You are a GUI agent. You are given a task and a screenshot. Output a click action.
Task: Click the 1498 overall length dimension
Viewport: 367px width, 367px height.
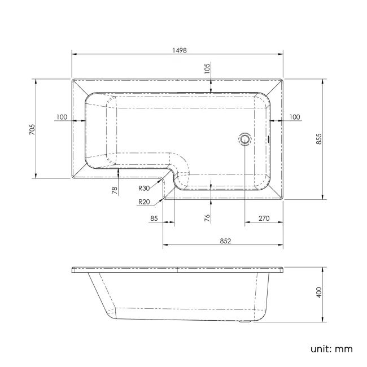[x=177, y=50]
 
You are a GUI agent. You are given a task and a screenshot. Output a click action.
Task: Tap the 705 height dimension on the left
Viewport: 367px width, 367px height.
[x=32, y=129]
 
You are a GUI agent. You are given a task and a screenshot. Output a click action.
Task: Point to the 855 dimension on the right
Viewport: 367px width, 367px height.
[x=319, y=139]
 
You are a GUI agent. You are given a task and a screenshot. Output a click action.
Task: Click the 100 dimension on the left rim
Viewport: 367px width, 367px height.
[x=62, y=117]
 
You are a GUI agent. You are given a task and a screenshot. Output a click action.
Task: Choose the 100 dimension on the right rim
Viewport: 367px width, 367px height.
[x=294, y=117]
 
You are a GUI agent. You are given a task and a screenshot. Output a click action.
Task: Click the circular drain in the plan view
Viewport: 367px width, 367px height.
[x=245, y=138]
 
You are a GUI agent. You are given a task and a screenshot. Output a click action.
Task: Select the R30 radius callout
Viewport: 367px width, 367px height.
[x=143, y=189]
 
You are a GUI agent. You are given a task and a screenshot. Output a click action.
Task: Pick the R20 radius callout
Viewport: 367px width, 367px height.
[x=143, y=202]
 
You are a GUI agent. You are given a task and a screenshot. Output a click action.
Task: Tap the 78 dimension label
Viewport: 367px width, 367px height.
[x=115, y=191]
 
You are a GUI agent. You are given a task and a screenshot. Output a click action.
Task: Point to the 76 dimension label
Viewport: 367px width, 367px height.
[x=207, y=217]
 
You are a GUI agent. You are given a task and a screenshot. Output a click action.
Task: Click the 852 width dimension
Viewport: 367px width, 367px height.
[x=224, y=241]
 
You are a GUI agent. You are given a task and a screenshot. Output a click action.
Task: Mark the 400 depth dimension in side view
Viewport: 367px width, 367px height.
[x=319, y=292]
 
